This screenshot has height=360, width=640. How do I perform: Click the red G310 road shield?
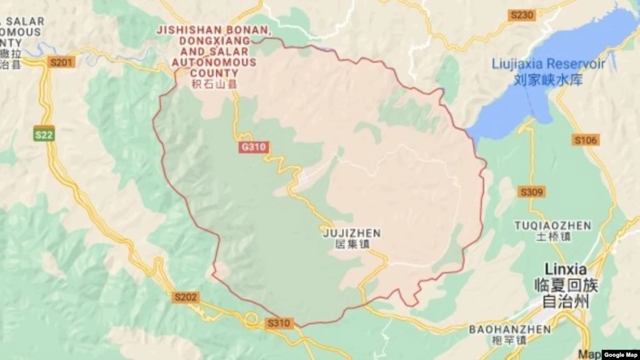[x=253, y=147]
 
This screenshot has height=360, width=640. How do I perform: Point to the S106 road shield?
[x=586, y=140]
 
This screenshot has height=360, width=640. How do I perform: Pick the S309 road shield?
[x=532, y=192]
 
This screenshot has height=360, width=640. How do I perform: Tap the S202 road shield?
[x=185, y=297]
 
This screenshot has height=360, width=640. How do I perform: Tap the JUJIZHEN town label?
[x=351, y=233]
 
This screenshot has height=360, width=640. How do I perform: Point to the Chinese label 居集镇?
[x=351, y=245]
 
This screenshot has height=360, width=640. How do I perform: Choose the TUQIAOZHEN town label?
[x=544, y=225]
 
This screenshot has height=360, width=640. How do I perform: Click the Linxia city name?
[x=566, y=269]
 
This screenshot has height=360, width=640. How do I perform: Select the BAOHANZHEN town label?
[x=510, y=329]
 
